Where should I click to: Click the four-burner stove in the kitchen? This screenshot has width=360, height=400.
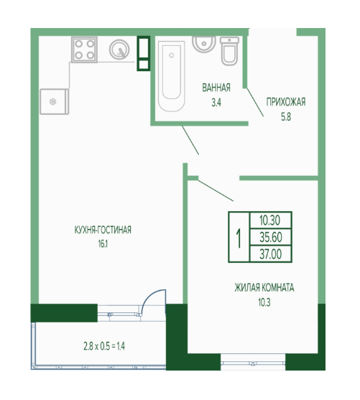(x=84, y=50)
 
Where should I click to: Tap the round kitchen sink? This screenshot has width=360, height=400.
(x=119, y=50)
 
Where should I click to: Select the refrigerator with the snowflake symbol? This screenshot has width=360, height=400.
(x=55, y=101)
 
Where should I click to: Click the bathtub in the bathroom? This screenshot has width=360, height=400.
(x=171, y=76)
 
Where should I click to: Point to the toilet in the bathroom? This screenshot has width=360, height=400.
(x=229, y=50)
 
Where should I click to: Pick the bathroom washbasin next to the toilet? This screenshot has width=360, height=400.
(x=204, y=44)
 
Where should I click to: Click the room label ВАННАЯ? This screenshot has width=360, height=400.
(x=216, y=88)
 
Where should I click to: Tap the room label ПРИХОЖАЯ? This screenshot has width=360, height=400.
(x=286, y=102)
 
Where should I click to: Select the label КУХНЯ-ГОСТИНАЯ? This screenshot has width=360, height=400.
(x=103, y=230)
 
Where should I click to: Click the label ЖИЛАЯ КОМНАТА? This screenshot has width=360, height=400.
(x=264, y=287)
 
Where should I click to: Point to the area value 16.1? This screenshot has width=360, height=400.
(x=103, y=244)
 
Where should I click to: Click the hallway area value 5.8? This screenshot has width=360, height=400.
(x=286, y=117)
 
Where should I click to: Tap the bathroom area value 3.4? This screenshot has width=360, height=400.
(x=216, y=103)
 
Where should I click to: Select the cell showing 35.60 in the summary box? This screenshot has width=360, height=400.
(x=271, y=237)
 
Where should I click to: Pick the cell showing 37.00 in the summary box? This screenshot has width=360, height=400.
(x=271, y=254)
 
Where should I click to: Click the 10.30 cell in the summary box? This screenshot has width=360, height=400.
(x=270, y=220)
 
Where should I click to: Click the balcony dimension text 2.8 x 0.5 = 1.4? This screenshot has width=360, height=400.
(x=104, y=346)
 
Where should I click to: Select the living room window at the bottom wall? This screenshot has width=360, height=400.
(x=253, y=362)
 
